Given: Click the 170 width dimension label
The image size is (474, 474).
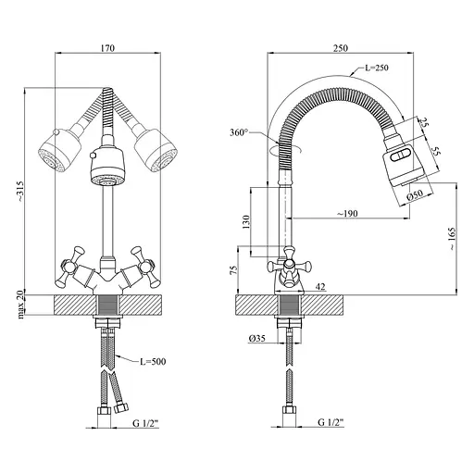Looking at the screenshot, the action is tap(107, 48).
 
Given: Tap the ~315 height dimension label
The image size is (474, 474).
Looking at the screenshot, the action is tap(19, 192).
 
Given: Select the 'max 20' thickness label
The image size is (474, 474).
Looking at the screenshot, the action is tap(20, 306).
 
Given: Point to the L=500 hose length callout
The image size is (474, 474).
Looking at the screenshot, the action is tap(153, 361).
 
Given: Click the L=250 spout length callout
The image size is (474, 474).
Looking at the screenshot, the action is tap(377, 68).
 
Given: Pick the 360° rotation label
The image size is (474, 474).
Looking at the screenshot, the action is tap(239, 133).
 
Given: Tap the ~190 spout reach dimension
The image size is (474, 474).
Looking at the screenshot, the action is tap(347, 213).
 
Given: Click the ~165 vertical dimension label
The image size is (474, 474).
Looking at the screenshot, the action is tap(451, 239).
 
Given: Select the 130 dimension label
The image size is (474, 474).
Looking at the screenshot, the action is tap(246, 222).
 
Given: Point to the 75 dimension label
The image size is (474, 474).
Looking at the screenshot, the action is tap(234, 270).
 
